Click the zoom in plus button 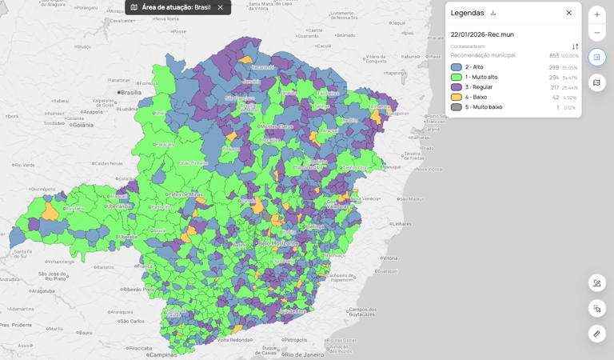click(x=596, y=14)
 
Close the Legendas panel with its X click(x=568, y=13)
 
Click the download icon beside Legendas click(x=493, y=13)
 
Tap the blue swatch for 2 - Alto click(x=456, y=67)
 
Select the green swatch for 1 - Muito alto click(x=456, y=78)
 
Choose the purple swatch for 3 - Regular click(x=456, y=87)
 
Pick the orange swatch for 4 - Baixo click(x=456, y=97)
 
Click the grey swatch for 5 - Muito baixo click(x=456, y=107)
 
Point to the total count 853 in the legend click(x=554, y=56)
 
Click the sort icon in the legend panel click(x=575, y=46)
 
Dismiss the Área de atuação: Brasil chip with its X click(x=221, y=7)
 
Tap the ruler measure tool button click(x=596, y=334)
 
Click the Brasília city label click(x=129, y=93)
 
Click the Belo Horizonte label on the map click(x=277, y=243)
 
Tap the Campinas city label click(x=163, y=354)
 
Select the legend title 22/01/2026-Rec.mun click(x=482, y=34)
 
